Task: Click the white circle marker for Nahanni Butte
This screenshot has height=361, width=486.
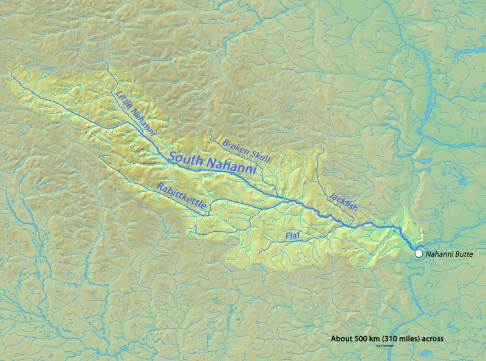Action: tap(419, 253)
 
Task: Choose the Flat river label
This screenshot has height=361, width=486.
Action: tap(293, 234)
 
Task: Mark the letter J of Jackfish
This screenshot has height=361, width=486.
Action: tap(331, 195)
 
